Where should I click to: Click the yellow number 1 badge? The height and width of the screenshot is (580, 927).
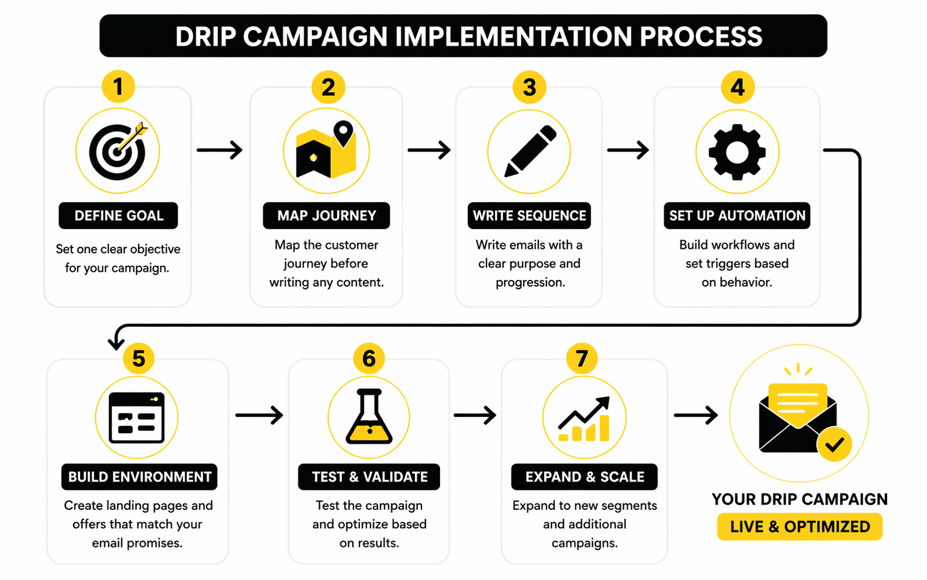tap(118, 87)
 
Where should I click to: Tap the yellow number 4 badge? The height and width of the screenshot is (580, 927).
tap(738, 87)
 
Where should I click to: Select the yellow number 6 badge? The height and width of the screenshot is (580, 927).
tap(369, 358)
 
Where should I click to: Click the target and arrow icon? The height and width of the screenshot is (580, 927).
tap(118, 151)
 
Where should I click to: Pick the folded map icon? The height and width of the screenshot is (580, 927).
tap(326, 150)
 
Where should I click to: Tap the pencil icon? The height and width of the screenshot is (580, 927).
tap(530, 151)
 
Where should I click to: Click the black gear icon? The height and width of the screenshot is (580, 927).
tap(737, 152)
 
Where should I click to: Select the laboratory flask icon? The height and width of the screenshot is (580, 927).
tap(369, 416)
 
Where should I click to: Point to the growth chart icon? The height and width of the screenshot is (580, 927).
tap(584, 419)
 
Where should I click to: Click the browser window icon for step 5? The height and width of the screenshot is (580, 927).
tap(137, 417)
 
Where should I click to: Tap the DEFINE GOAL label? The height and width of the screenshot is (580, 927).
tap(118, 215)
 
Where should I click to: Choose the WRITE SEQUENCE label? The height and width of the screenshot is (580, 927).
tap(530, 215)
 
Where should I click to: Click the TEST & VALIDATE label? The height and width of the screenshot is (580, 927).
tap(369, 477)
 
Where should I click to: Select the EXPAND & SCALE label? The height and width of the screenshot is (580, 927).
tap(584, 477)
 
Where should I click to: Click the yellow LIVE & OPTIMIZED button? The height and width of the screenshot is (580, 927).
tap(800, 527)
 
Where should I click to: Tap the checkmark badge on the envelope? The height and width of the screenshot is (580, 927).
tap(834, 444)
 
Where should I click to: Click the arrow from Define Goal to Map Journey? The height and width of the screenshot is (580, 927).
tap(219, 150)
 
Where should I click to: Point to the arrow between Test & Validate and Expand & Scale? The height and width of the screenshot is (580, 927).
tap(475, 415)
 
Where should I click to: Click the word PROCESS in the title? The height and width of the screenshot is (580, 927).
tap(701, 36)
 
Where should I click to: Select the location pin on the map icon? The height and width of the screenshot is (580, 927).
tap(343, 133)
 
